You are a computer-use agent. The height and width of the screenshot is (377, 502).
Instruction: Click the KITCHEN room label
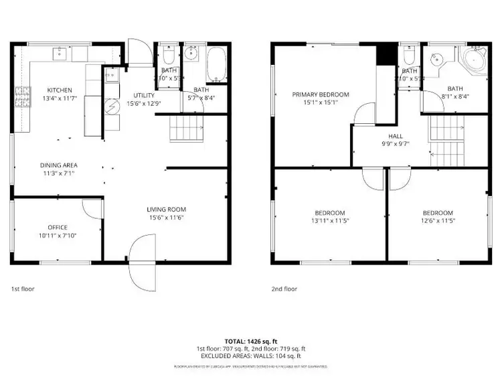[59, 90]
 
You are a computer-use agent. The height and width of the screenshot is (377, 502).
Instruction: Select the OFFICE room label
[57, 228]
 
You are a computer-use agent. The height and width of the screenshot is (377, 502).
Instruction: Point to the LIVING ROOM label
[165, 210]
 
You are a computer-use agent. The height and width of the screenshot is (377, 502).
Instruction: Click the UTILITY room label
[144, 96]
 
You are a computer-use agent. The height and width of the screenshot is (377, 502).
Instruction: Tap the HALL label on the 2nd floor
[386, 135]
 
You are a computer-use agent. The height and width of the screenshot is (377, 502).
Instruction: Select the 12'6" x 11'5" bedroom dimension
[438, 220]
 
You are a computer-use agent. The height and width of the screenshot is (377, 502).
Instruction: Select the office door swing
[92, 208]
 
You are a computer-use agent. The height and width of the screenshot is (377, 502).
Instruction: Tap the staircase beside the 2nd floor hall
[445, 141]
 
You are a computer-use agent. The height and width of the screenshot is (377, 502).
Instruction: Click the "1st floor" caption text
[22, 289]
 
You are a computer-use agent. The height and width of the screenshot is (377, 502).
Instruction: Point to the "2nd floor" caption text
[284, 289]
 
